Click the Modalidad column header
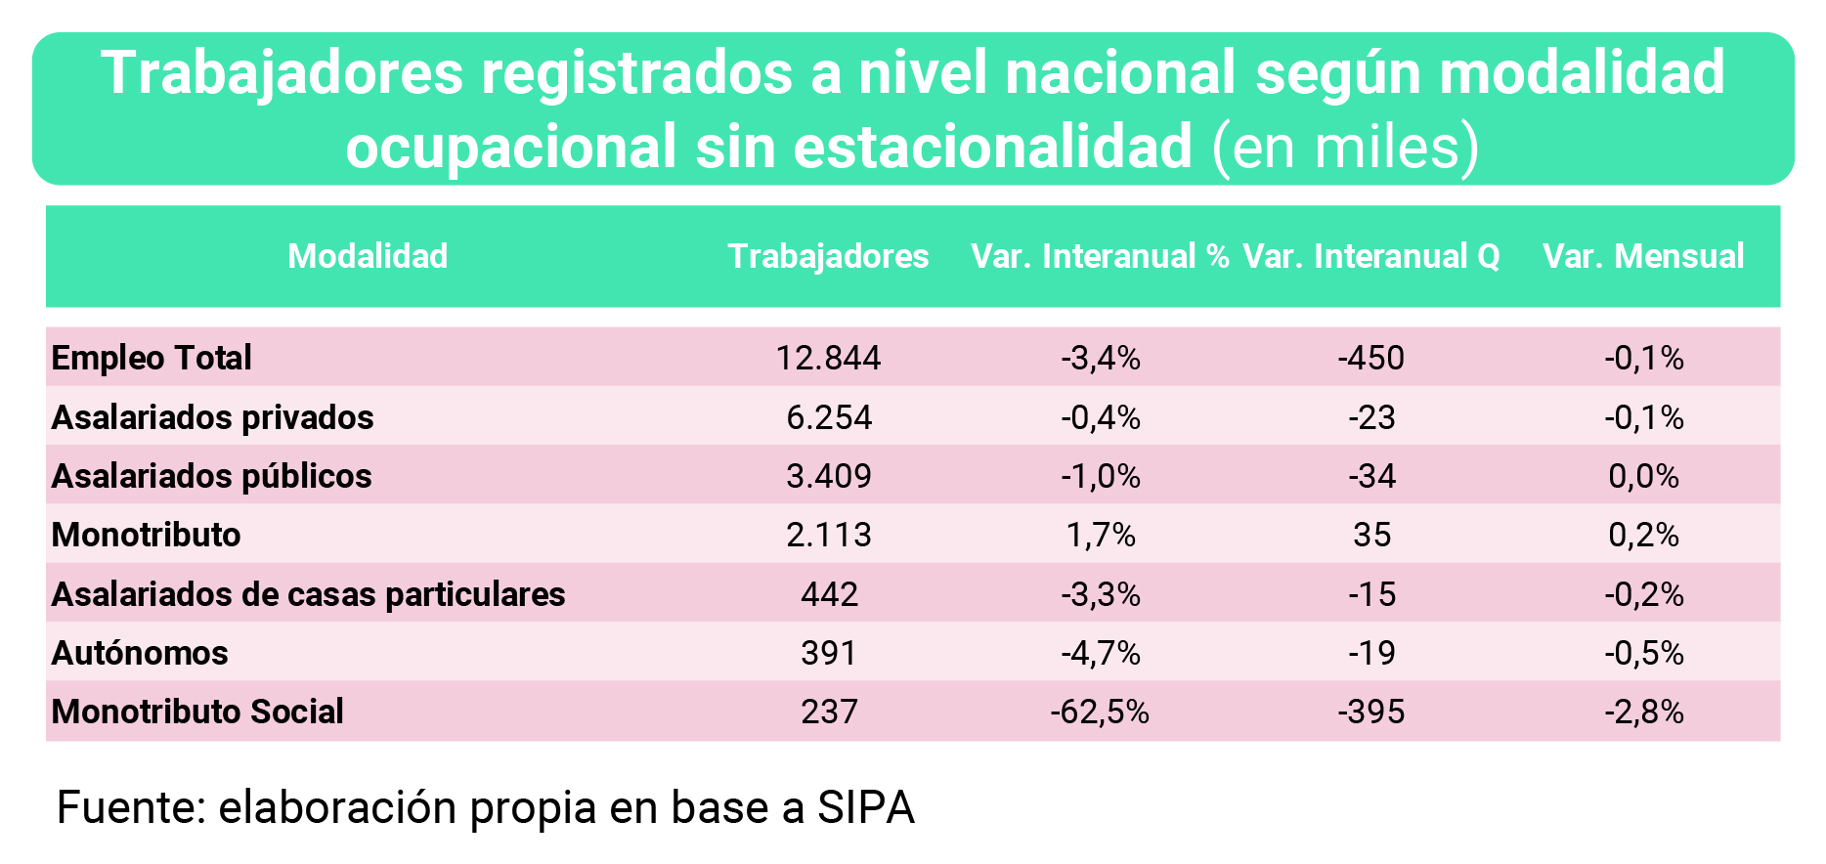368,256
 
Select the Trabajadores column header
828,256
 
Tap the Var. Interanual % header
1100,256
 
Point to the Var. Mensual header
1643,256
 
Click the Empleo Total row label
152,358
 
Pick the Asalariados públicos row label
211,476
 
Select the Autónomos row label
140,653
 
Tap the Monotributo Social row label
197,712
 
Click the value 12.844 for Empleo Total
828,358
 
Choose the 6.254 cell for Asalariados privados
828,417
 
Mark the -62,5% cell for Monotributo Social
1100,712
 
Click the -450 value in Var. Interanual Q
1370,358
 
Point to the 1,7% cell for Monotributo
1100,535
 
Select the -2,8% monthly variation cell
1643,712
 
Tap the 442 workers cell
828,594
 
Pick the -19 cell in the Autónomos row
1370,653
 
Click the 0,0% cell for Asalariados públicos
1643,476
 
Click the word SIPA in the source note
865,808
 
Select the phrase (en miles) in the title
1345,148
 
